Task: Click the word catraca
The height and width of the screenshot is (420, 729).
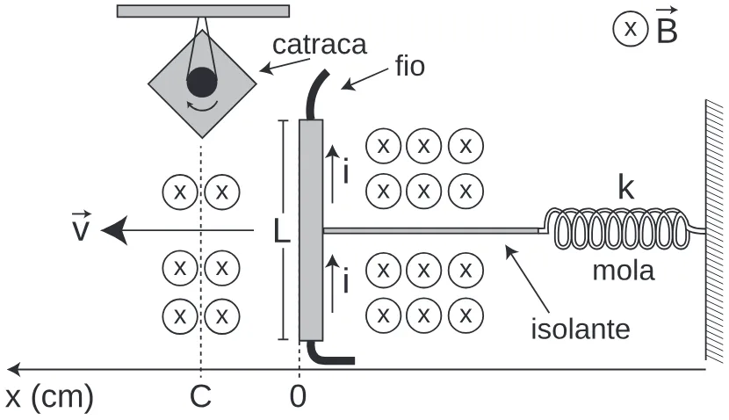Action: (320, 45)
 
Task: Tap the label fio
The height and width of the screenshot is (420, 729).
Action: (410, 66)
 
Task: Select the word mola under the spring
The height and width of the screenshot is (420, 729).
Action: (624, 271)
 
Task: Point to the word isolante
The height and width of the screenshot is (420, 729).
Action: (581, 329)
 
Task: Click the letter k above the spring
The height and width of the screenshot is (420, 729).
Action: (625, 187)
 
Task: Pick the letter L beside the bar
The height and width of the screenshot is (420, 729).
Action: (281, 231)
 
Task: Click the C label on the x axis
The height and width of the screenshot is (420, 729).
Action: (200, 397)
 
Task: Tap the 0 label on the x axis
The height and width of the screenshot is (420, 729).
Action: (298, 397)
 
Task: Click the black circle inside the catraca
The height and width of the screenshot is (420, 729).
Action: (202, 83)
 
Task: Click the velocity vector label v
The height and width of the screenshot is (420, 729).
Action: (81, 227)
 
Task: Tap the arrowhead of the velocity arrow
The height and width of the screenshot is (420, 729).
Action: (114, 230)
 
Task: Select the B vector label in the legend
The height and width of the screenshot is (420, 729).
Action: (667, 27)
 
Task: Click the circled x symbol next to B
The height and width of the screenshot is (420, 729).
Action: (631, 29)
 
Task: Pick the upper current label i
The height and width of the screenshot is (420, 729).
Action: (345, 171)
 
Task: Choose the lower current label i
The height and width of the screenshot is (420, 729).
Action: (345, 281)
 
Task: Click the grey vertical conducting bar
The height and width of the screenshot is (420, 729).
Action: (311, 230)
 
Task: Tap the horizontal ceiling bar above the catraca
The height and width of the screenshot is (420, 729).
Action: (203, 11)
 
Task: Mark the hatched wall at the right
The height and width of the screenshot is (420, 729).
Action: (715, 230)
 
